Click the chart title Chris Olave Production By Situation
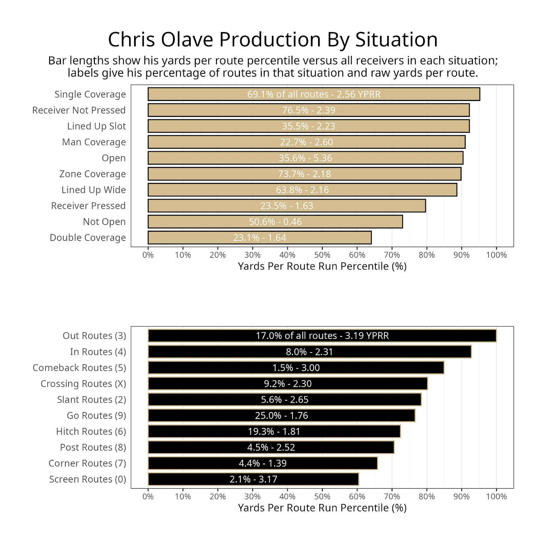(273, 40)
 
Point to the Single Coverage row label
(90, 95)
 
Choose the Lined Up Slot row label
(96, 126)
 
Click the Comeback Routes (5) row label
(79, 368)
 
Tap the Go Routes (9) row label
(96, 416)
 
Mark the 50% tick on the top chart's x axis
(322, 255)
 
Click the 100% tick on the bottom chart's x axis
(496, 497)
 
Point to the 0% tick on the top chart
(148, 255)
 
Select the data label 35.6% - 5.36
(305, 158)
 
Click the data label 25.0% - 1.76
(282, 416)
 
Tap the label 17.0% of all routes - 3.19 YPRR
(322, 336)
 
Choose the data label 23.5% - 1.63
(287, 206)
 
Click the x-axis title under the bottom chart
(322, 508)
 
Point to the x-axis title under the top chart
(322, 266)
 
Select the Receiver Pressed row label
(88, 206)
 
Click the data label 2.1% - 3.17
(253, 479)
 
